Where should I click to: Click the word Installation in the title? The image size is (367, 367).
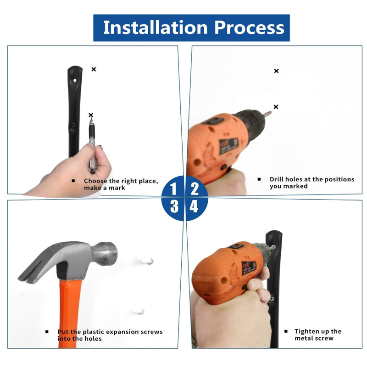click(156, 28)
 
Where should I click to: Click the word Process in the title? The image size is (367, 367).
click(249, 28)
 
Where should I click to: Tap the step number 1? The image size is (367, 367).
click(173, 189)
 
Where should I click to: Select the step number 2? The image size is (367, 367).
click(195, 189)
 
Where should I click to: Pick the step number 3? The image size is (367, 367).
click(174, 206)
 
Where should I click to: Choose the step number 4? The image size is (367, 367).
click(194, 206)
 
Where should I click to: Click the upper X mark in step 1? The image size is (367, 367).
click(94, 69)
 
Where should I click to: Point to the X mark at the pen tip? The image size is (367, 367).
click(91, 115)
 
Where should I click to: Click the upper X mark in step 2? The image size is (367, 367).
click(277, 71)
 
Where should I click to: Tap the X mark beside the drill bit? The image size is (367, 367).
click(276, 107)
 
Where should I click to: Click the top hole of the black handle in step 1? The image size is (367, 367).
click(75, 81)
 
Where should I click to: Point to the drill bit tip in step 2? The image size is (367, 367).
click(271, 112)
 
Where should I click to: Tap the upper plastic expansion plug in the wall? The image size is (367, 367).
click(147, 261)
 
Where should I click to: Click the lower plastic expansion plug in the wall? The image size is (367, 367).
click(138, 311)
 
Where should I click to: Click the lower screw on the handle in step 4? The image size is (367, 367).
click(272, 299)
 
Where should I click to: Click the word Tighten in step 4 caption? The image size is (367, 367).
click(308, 331)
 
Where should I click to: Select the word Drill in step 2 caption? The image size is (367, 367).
click(276, 179)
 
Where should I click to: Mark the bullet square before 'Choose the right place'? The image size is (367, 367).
click(73, 181)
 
